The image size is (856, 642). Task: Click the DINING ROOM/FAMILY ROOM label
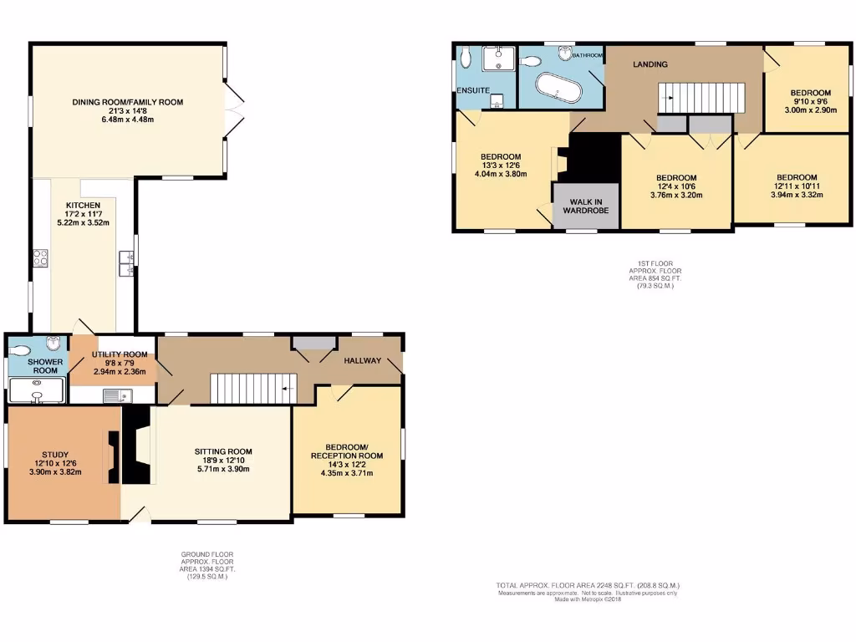[x=127, y=103]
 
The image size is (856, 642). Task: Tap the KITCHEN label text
[x=84, y=205]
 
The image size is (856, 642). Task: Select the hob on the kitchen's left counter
[x=39, y=258]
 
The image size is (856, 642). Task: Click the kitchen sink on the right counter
[x=127, y=263]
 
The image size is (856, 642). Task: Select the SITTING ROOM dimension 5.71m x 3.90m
[x=221, y=470]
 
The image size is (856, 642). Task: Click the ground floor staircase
[x=249, y=389]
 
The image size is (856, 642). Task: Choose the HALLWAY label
[x=361, y=361]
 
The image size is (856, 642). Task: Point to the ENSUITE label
[x=473, y=89]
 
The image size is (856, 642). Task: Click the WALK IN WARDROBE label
[x=585, y=206]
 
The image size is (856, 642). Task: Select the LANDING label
[x=650, y=64]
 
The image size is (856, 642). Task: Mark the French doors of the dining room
[x=233, y=110]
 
